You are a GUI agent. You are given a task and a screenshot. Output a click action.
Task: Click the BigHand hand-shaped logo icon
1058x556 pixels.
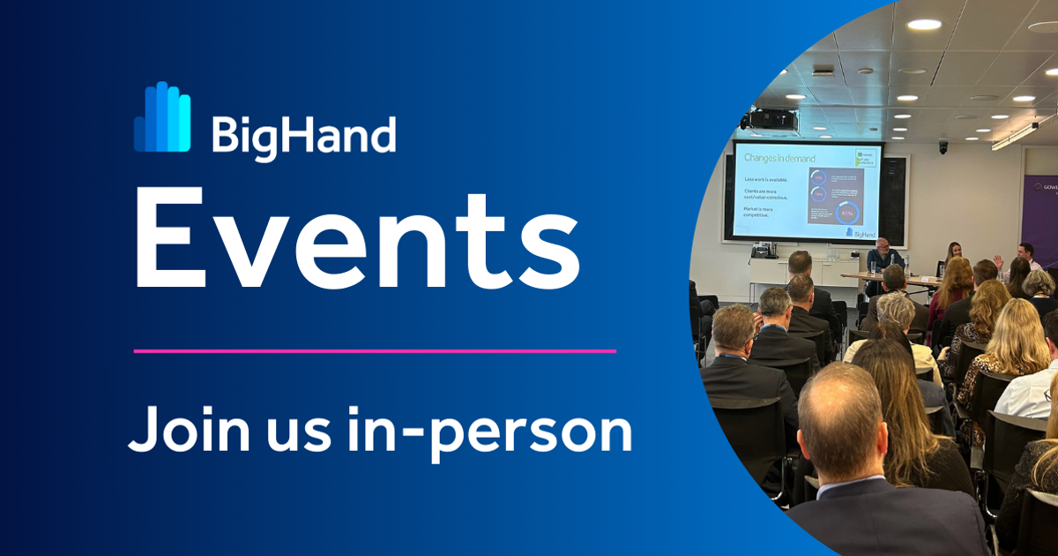(161, 117)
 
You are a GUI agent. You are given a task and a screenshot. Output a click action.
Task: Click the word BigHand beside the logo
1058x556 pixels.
(303, 136)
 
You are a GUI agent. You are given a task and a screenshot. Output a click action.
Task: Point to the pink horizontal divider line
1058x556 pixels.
(375, 350)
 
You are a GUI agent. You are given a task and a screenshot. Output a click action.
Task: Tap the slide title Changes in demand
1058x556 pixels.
(779, 158)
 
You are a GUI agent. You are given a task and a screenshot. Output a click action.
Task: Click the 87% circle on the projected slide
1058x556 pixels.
(847, 213)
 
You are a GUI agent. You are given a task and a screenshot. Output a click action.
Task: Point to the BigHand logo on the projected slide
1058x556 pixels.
(861, 232)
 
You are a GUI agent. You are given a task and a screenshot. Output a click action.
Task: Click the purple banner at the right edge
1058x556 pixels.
(1039, 212)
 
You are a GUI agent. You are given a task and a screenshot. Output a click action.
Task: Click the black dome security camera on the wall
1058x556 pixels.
(943, 147)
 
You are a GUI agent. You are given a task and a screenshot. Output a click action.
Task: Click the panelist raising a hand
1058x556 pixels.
(1023, 256)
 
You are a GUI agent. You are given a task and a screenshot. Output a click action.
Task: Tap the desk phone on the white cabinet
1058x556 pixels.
(764, 252)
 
